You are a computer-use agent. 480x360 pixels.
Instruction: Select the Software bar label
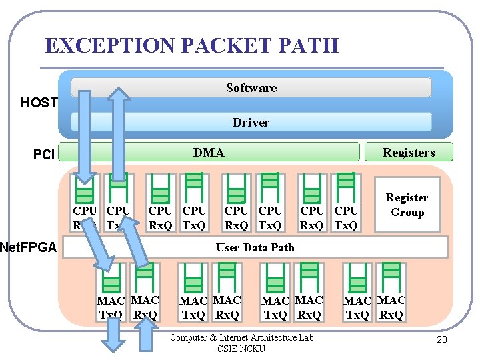coord(251,88)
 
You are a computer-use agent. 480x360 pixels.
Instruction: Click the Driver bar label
coord(251,123)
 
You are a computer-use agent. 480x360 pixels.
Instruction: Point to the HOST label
coord(39,103)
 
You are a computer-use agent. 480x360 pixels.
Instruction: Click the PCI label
coord(44,155)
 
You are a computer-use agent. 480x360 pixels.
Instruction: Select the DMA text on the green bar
coord(209,153)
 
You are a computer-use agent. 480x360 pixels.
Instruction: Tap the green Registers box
coord(408,153)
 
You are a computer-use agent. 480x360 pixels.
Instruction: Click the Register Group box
coord(407,205)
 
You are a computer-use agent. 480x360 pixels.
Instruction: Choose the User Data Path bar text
coord(255,247)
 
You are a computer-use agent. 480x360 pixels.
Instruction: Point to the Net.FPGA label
coord(28,249)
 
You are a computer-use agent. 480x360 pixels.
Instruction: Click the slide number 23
coord(441,341)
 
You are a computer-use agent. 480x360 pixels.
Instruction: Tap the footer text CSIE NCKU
coord(241,349)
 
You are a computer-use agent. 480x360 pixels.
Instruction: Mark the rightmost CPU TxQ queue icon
coord(345,187)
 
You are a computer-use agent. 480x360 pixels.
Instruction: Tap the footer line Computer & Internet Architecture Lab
coord(241,337)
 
